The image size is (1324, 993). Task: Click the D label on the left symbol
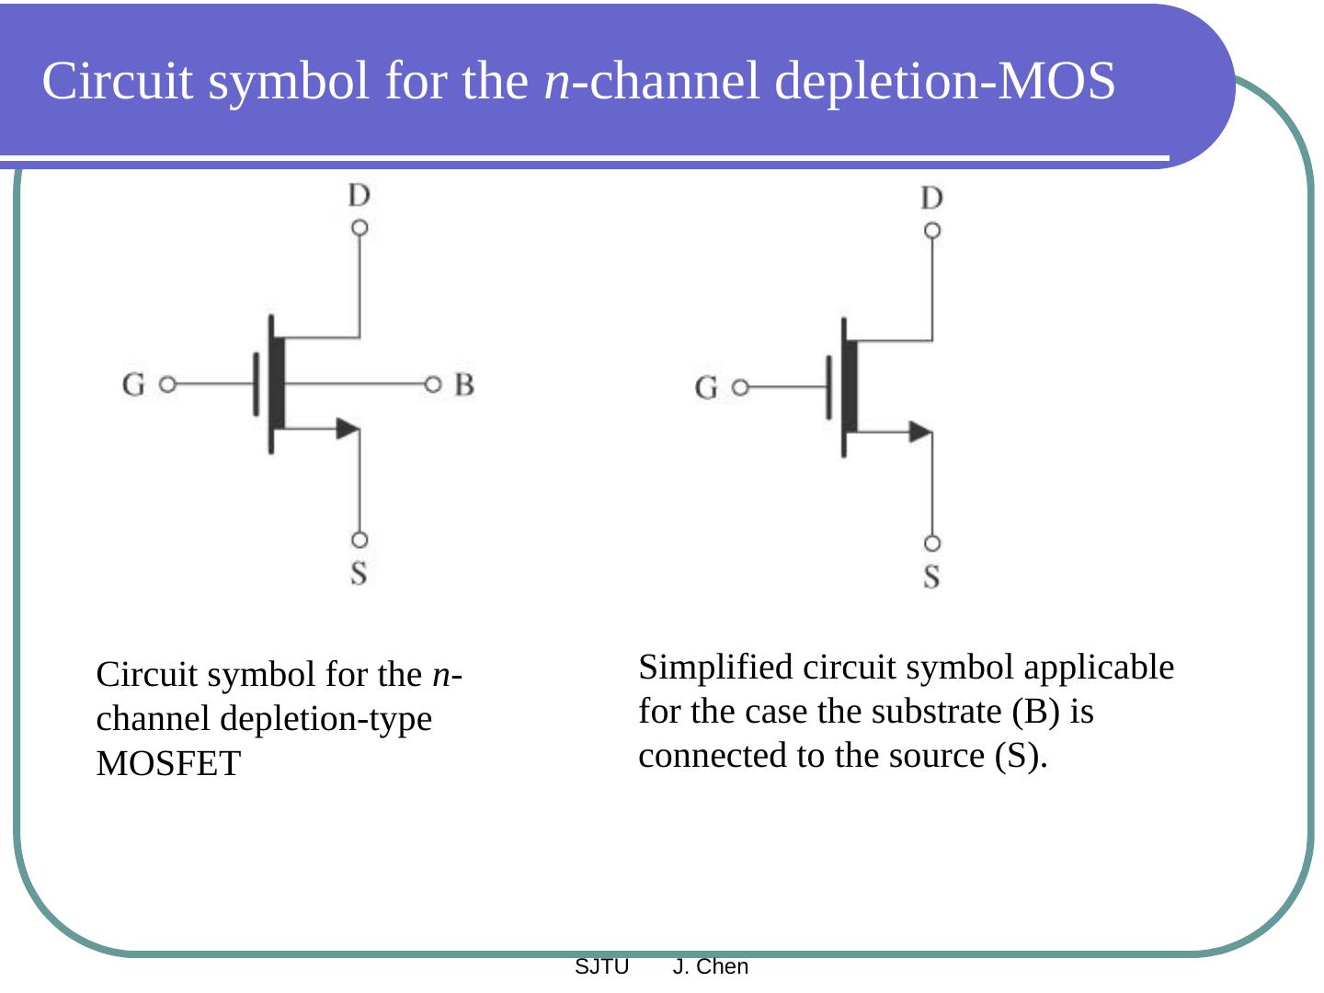pyautogui.click(x=359, y=195)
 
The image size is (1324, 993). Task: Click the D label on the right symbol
pyautogui.click(x=931, y=199)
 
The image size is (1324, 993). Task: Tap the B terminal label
pyautogui.click(x=464, y=384)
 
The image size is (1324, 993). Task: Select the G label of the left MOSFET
pyautogui.click(x=133, y=384)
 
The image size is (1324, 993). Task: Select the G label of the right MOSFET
pyautogui.click(x=706, y=388)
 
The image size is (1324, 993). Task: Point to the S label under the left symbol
pyautogui.click(x=359, y=573)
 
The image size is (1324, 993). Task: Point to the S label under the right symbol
pyautogui.click(x=931, y=577)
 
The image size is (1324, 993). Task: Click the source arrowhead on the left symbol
pyautogui.click(x=348, y=428)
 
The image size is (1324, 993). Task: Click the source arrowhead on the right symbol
pyautogui.click(x=920, y=431)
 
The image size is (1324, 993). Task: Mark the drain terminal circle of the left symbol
pyautogui.click(x=360, y=227)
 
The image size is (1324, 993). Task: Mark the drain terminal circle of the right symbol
pyautogui.click(x=932, y=231)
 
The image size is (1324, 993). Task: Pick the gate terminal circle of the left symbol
pyautogui.click(x=166, y=384)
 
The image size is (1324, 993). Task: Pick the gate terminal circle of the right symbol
pyautogui.click(x=739, y=388)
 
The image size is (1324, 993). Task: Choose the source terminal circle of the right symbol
pyautogui.click(x=932, y=543)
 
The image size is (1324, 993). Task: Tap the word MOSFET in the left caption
pyautogui.click(x=168, y=764)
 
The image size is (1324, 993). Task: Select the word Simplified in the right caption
pyautogui.click(x=716, y=668)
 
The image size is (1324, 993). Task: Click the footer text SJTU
pyautogui.click(x=601, y=966)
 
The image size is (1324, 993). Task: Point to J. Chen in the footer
pyautogui.click(x=711, y=966)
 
